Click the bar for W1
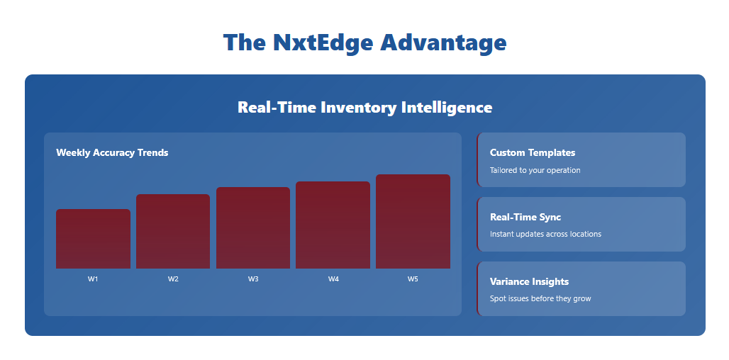[x=93, y=239]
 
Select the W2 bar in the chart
[x=173, y=231]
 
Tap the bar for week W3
[x=253, y=227]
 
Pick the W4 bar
[x=333, y=225]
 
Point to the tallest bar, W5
[x=413, y=222]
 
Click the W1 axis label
[x=93, y=279]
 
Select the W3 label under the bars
[x=253, y=279]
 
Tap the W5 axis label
[x=413, y=279]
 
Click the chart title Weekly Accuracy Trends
[x=112, y=153]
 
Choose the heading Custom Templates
[x=533, y=153]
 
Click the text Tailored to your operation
[x=535, y=171]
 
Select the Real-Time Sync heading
[x=525, y=218]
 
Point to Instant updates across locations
[x=545, y=234]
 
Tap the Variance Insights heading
[x=529, y=282]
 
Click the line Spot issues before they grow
[x=540, y=298]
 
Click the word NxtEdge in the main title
[x=323, y=43]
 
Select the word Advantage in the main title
[x=443, y=43]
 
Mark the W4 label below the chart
[x=333, y=279]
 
